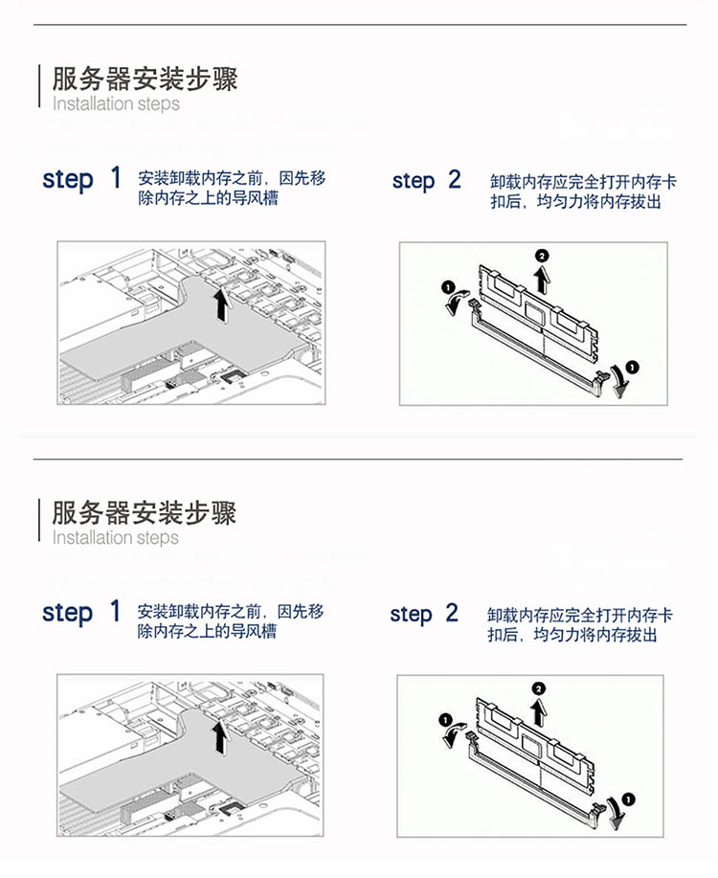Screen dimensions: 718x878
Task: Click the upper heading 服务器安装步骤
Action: [x=146, y=79]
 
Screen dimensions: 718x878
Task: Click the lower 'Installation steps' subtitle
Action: [x=116, y=537]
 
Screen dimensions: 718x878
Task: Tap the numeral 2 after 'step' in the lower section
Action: [x=452, y=613]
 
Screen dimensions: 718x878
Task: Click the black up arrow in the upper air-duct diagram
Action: [x=222, y=305]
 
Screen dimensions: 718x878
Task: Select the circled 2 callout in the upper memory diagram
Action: [x=542, y=256]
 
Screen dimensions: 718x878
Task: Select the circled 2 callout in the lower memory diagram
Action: [x=539, y=688]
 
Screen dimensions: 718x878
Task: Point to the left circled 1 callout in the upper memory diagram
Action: [x=448, y=287]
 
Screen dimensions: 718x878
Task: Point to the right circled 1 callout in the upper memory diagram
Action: [x=632, y=368]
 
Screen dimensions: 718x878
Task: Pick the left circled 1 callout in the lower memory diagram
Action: [x=445, y=719]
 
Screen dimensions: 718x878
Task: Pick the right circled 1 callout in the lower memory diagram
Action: [x=628, y=799]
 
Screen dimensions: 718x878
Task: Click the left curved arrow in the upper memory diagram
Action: [x=455, y=302]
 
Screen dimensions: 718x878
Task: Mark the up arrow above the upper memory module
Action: [x=542, y=279]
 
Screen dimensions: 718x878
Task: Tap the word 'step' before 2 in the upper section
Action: [x=414, y=181]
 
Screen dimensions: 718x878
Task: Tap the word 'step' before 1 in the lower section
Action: [x=67, y=613]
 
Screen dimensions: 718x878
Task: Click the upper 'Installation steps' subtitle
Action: [x=116, y=103]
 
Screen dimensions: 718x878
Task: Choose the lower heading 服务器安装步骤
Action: [x=144, y=512]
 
